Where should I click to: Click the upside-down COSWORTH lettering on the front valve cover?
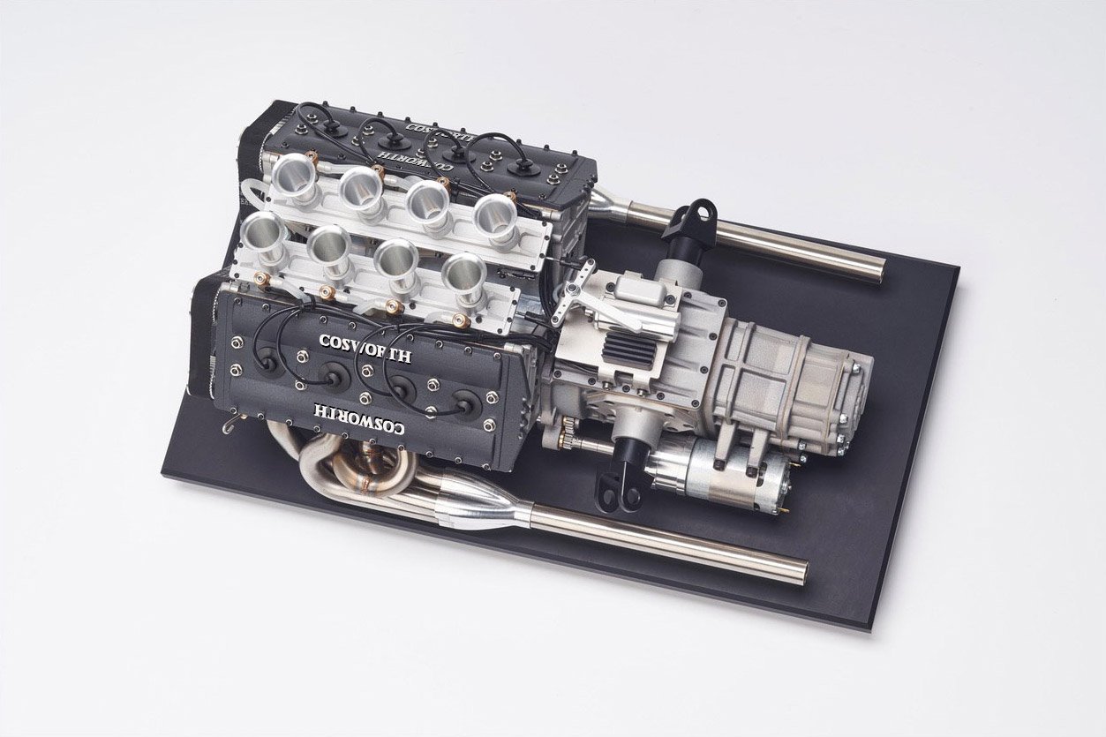point(359,419)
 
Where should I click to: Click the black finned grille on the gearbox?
point(629,350)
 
